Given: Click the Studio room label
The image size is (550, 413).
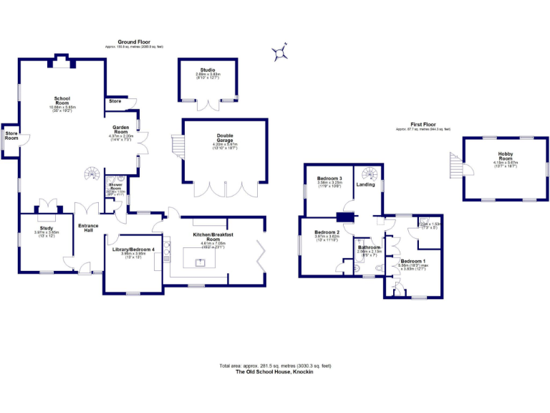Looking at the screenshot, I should pos(208,70).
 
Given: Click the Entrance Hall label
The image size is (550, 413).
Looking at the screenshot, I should pos(88,228).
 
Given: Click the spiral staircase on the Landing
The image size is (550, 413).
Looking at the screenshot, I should pos(368,174).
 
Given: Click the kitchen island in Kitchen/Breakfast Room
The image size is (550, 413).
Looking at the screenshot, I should pos(202,257).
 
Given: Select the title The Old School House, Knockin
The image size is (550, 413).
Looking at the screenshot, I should pos(274,371).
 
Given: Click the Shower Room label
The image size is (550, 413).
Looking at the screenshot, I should pos(116,186).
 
